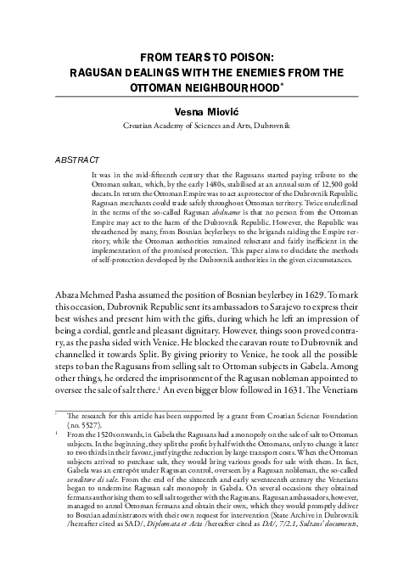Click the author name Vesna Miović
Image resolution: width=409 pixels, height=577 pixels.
204,109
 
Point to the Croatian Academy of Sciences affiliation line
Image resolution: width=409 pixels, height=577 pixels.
204,125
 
